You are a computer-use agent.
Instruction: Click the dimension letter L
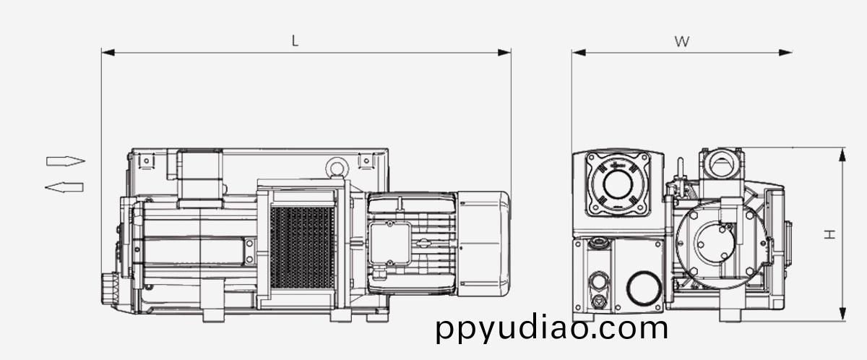(295, 40)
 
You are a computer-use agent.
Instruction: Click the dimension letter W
(682, 41)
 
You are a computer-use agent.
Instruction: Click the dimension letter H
(829, 234)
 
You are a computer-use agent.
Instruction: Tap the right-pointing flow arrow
(66, 161)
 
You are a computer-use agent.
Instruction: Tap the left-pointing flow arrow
(64, 187)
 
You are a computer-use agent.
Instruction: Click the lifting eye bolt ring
(337, 168)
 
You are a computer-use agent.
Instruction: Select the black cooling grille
(302, 248)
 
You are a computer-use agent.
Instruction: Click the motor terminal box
(389, 244)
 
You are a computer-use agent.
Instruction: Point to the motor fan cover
(483, 244)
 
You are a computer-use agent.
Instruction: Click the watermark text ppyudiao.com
(552, 328)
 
